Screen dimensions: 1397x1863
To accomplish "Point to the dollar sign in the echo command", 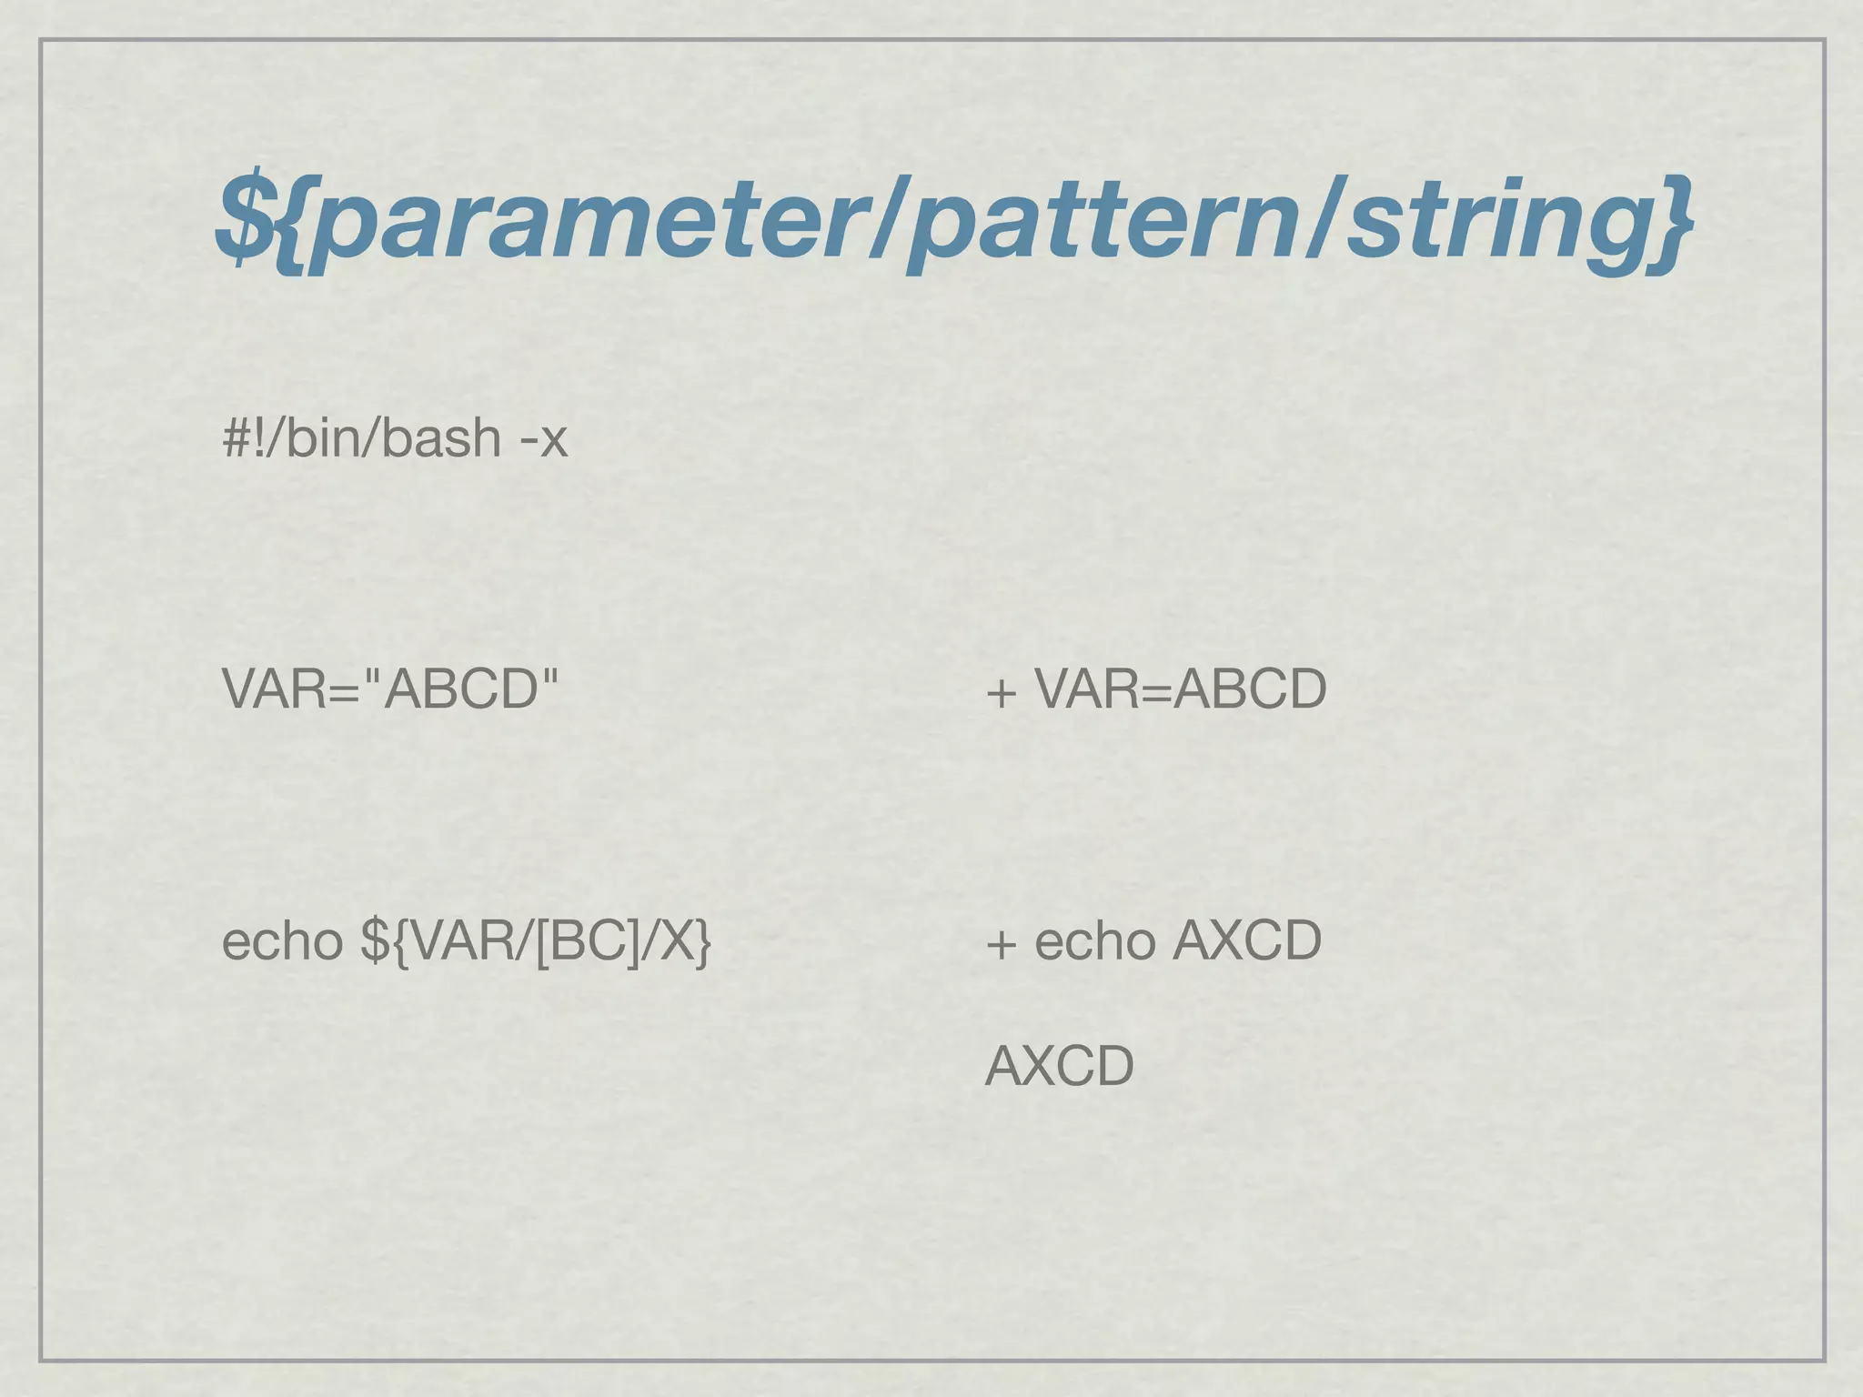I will point(374,940).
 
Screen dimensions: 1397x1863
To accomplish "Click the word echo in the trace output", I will point(1095,940).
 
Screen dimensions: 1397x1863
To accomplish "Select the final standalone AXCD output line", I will point(1059,1066).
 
